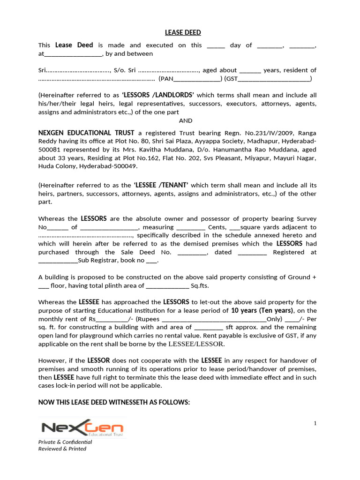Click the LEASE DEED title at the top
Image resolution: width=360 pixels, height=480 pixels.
coord(183,32)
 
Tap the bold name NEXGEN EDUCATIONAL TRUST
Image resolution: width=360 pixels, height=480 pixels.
coord(86,133)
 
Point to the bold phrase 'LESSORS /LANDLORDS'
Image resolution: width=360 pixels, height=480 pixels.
coord(158,95)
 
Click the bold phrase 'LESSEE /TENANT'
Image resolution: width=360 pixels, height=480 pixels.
coord(161,185)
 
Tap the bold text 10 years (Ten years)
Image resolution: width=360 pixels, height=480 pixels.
coord(262,311)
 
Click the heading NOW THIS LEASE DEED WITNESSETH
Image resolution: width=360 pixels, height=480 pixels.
coord(114,403)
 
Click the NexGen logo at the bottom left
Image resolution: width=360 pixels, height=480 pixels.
coord(82,428)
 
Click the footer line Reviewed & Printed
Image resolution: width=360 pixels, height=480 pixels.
coord(62,449)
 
